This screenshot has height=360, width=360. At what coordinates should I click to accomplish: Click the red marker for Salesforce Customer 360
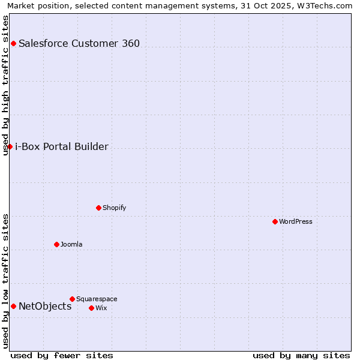13,43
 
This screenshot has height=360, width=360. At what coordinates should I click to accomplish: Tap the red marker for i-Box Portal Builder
10,147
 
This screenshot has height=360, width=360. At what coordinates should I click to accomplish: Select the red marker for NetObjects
13,307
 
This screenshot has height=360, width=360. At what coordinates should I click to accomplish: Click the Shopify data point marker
98,208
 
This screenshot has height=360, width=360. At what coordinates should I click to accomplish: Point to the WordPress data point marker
275,222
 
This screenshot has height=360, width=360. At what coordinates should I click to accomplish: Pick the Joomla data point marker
56,245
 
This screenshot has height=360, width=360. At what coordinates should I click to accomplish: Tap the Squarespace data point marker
72,299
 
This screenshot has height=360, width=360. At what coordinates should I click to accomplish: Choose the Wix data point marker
91,308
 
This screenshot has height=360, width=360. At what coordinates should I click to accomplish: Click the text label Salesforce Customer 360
79,43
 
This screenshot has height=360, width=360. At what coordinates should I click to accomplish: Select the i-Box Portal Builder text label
62,147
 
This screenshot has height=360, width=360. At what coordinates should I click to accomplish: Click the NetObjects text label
45,307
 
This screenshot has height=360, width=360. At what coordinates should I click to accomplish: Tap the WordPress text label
296,222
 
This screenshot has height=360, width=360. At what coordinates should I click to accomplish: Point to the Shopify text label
115,208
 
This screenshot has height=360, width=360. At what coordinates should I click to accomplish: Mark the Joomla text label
71,245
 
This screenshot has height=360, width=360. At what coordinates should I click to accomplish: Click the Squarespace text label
97,299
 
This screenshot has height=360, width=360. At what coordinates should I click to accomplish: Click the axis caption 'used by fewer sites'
62,355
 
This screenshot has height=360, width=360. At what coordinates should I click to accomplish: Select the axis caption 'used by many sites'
301,355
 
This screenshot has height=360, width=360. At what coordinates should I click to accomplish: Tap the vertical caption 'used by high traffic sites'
6,85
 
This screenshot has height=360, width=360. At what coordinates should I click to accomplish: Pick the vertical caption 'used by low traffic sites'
6,281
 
